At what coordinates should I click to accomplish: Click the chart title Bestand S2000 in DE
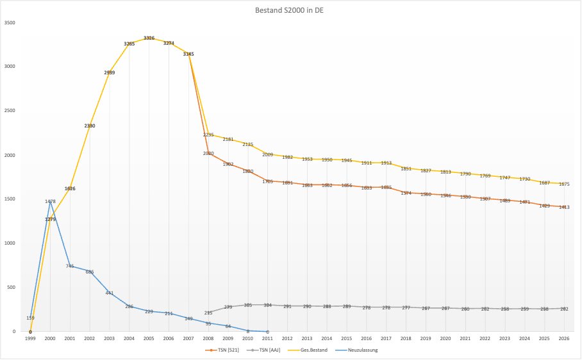(x=290, y=10)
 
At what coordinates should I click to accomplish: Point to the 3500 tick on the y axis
(x=10, y=22)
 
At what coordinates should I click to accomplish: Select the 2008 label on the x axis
(x=208, y=338)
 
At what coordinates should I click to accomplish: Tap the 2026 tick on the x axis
(x=564, y=338)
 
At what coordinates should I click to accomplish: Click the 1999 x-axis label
(x=30, y=338)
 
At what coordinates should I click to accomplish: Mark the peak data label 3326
(x=149, y=38)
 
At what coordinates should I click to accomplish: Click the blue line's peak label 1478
(x=50, y=201)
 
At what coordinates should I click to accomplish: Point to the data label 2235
(x=208, y=135)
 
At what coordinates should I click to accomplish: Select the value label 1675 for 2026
(x=564, y=184)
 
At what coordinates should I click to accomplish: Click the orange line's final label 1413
(x=564, y=207)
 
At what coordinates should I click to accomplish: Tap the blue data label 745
(x=70, y=266)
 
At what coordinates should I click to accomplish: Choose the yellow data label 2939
(x=110, y=72)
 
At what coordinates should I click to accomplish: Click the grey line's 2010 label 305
(x=248, y=305)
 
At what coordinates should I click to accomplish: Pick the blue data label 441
(x=110, y=293)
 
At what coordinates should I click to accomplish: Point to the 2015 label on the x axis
(x=347, y=338)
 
